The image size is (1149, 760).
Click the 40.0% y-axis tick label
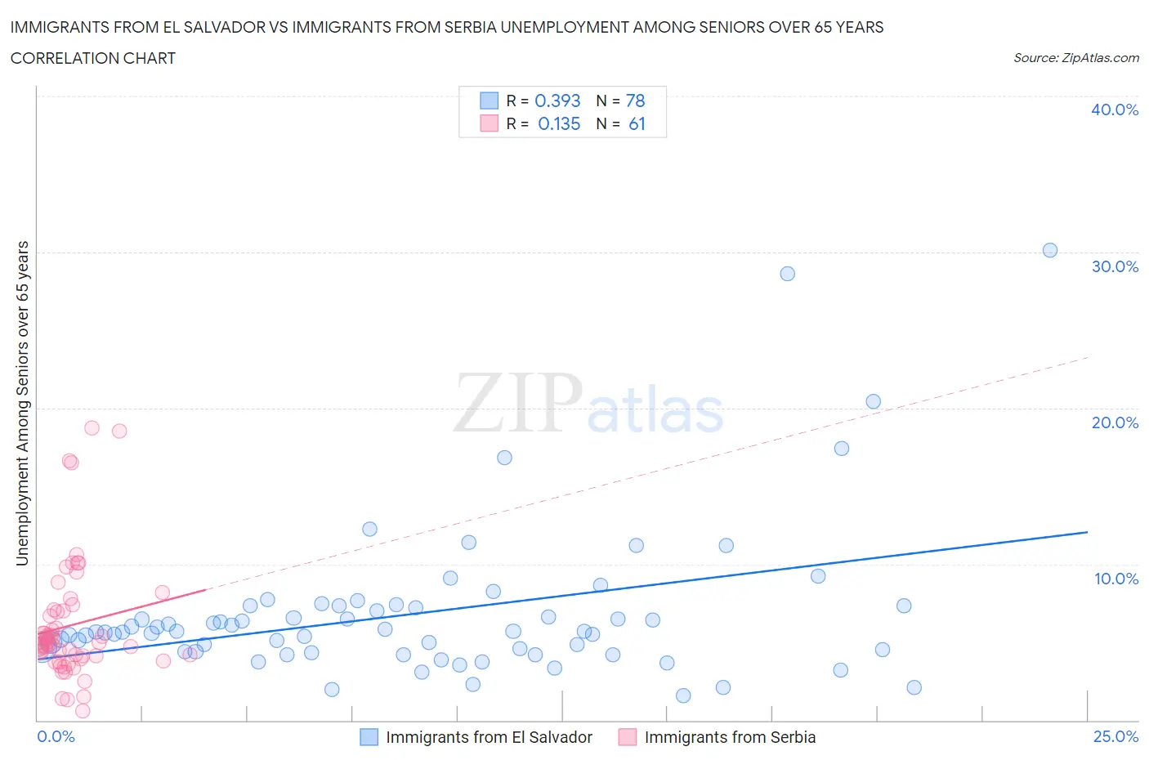pos(1115,110)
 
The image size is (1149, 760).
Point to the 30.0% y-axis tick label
pos(1115,266)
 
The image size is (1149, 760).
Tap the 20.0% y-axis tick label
pos(1115,422)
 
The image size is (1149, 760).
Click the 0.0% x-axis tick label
pos(56,736)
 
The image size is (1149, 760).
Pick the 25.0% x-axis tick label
pos(1115,736)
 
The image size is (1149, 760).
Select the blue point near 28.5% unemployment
pos(787,274)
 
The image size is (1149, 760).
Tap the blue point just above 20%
pos(873,401)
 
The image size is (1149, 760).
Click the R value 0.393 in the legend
pos(557,101)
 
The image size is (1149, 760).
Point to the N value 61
pos(637,124)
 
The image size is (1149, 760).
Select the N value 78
pos(635,101)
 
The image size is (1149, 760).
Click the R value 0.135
pos(559,124)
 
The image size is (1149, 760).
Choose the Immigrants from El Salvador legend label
pos(489,737)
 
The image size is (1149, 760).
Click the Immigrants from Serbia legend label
pos(730,737)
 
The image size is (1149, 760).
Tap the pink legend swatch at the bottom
pos(627,737)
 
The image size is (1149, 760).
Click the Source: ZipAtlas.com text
pos(1075,58)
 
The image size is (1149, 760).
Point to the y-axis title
pos(23,404)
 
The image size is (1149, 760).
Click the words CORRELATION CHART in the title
pos(93,58)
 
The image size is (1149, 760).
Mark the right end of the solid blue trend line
pos(1087,532)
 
